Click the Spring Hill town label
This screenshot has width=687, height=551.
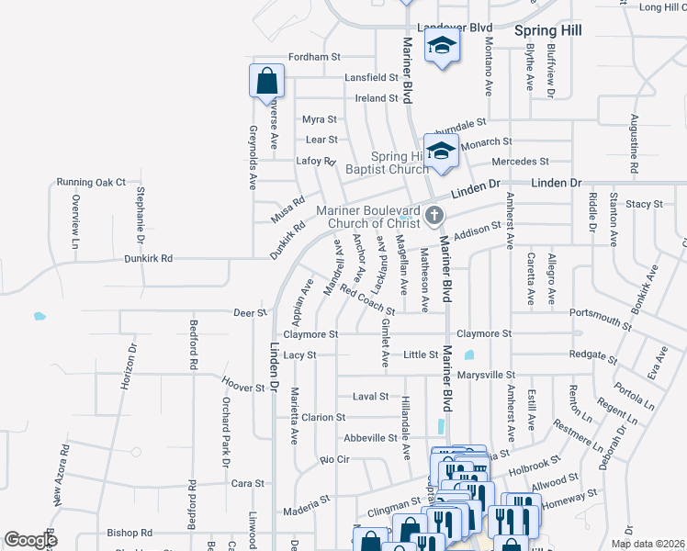click(x=547, y=30)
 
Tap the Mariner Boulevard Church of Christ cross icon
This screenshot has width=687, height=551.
click(x=435, y=217)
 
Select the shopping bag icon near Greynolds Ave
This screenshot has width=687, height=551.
click(x=265, y=81)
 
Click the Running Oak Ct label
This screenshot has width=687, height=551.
click(x=91, y=182)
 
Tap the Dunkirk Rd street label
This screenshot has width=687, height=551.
click(x=149, y=259)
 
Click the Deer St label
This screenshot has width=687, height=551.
click(x=249, y=312)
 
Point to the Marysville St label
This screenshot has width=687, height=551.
click(x=487, y=375)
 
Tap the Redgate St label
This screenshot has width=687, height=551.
click(x=592, y=354)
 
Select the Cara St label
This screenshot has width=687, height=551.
click(x=247, y=483)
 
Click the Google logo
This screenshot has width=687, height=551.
click(x=30, y=540)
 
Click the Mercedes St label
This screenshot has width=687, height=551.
click(x=520, y=162)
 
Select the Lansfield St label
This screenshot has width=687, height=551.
click(x=371, y=78)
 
